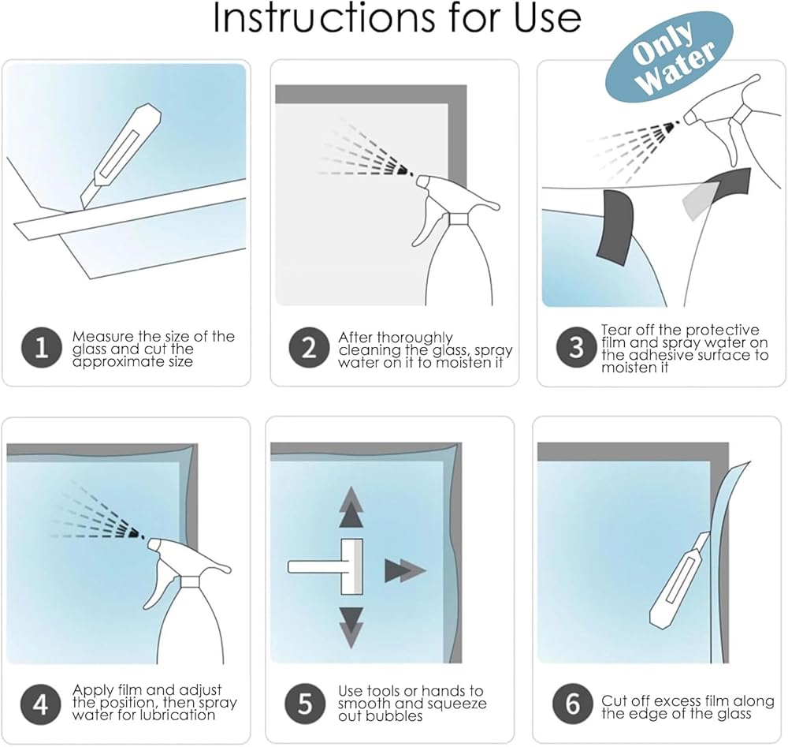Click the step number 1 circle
(x=41, y=348)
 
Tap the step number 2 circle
(x=309, y=348)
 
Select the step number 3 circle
(x=576, y=347)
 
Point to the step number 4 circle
(x=41, y=704)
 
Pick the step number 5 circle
(x=304, y=704)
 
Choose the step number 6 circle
(x=572, y=704)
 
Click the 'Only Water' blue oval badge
(x=669, y=55)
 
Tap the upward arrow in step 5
(x=351, y=507)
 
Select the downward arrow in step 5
(x=351, y=627)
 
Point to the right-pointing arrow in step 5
(x=405, y=571)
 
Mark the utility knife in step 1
(x=121, y=156)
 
